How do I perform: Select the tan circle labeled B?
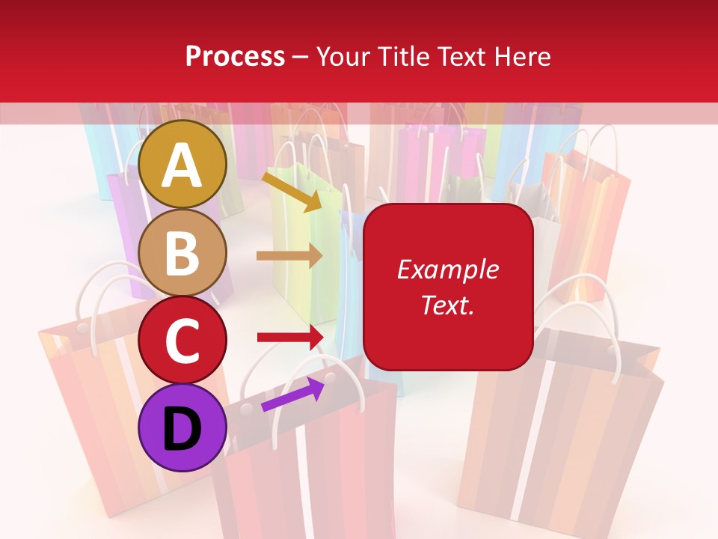pyautogui.click(x=182, y=252)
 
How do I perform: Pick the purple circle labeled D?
pyautogui.click(x=182, y=427)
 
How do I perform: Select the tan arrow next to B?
pyautogui.click(x=289, y=256)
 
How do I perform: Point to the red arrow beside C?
pyautogui.click(x=289, y=338)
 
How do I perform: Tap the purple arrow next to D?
pyautogui.click(x=292, y=394)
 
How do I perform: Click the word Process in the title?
pyautogui.click(x=235, y=57)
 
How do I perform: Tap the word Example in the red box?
pyautogui.click(x=447, y=269)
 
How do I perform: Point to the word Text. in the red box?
pyautogui.click(x=447, y=305)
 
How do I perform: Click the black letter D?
pyautogui.click(x=182, y=429)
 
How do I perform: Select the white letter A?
pyautogui.click(x=182, y=166)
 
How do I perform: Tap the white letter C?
pyautogui.click(x=182, y=341)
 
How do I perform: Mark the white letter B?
pyautogui.click(x=182, y=254)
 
